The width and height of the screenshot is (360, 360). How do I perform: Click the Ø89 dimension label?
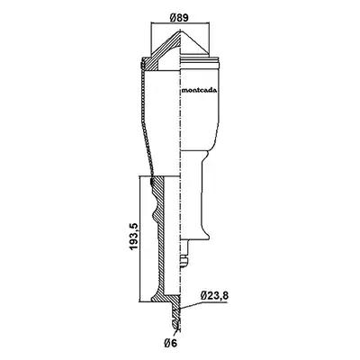[178, 17]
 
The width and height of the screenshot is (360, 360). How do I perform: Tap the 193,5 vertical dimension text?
[133, 236]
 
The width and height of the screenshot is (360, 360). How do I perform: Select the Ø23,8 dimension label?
[215, 296]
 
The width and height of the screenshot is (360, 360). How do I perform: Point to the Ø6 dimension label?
[170, 342]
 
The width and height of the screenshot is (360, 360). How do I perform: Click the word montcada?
[200, 90]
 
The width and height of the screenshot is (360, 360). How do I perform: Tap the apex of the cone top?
[181, 30]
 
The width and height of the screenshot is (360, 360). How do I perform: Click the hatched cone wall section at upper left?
[162, 54]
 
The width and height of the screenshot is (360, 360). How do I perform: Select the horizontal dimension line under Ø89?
[180, 22]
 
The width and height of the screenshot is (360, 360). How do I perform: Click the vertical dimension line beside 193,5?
[140, 238]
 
